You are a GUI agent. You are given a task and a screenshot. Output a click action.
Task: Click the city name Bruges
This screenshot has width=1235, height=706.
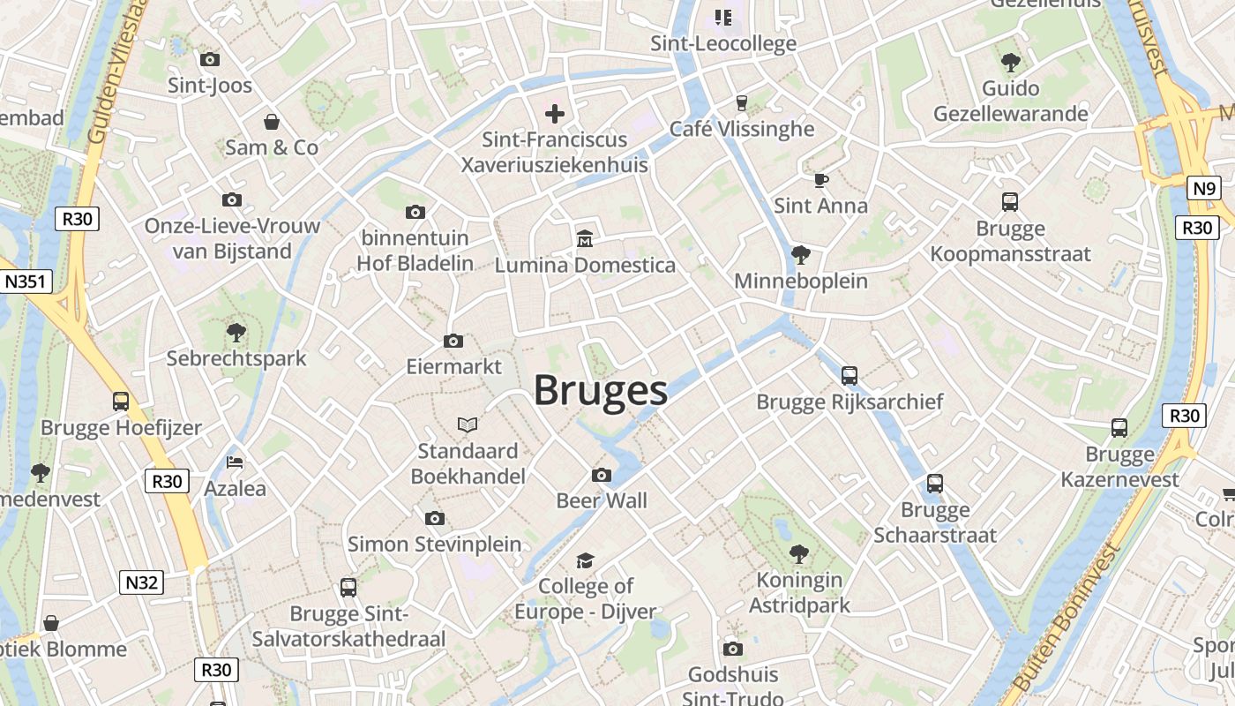600,390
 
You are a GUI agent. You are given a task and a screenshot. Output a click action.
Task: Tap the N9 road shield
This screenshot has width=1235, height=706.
1204,188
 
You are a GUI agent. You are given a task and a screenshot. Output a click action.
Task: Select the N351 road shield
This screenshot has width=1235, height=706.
26,282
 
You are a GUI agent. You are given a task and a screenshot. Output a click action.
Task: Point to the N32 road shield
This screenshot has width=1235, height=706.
141,582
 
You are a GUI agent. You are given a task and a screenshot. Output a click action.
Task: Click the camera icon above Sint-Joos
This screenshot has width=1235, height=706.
209,60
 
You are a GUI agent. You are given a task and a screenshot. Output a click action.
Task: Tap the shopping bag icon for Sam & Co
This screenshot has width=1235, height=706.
272,121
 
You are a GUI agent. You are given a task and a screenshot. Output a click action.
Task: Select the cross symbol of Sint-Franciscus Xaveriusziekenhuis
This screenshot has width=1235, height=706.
555,114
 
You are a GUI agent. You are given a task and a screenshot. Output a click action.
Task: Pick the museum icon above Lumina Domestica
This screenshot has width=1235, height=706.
584,238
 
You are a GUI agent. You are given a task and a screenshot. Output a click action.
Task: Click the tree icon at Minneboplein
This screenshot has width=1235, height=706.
801,255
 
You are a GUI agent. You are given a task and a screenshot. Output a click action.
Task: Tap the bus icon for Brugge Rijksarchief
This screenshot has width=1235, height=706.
850,376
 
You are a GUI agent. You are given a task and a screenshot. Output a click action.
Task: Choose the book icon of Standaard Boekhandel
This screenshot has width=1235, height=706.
468,425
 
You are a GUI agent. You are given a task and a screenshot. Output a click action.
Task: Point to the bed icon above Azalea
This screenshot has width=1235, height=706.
235,462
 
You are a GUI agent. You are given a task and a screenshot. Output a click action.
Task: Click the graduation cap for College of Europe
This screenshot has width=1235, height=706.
585,561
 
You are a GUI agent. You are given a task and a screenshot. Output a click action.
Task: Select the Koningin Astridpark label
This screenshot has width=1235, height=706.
800,593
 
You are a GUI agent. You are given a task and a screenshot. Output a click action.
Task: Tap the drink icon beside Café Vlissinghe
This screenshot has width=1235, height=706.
741,103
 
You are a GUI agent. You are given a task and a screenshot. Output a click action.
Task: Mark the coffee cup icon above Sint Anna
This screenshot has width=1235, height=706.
821,180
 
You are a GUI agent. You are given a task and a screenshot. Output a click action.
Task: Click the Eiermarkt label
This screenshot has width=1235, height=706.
453,366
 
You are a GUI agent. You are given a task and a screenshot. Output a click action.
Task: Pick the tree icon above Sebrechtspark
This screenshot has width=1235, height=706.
236,332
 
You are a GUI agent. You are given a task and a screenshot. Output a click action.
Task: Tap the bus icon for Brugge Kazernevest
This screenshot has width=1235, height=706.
1119,428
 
